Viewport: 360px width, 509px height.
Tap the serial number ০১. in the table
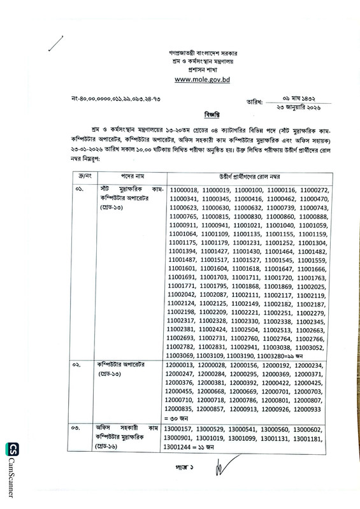78,190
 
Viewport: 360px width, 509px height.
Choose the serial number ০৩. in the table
78,429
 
